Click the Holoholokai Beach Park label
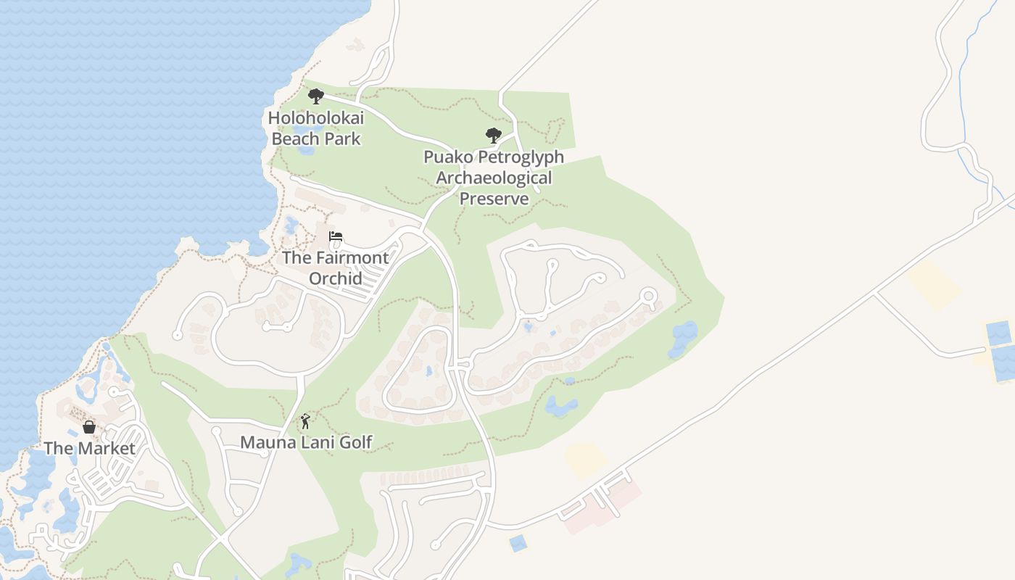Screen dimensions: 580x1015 (x=315, y=128)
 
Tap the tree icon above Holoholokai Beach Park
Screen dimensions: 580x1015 (x=315, y=96)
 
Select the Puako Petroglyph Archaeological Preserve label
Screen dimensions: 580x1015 (x=494, y=178)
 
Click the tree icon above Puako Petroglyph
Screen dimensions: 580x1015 (x=494, y=136)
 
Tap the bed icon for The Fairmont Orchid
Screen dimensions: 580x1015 (x=335, y=236)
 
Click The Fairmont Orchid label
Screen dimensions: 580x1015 (x=335, y=268)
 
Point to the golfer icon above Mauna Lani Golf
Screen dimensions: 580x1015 (x=305, y=421)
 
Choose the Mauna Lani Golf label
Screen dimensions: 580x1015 (x=306, y=442)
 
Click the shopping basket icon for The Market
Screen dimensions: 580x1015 (x=89, y=426)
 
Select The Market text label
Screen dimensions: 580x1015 (x=89, y=448)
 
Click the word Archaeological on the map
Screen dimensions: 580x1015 (x=494, y=178)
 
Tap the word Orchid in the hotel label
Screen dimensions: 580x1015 (x=335, y=278)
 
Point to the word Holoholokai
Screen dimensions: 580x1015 (x=315, y=117)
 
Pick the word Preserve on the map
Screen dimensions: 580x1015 (x=494, y=199)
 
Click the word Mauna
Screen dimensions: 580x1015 (x=264, y=442)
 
